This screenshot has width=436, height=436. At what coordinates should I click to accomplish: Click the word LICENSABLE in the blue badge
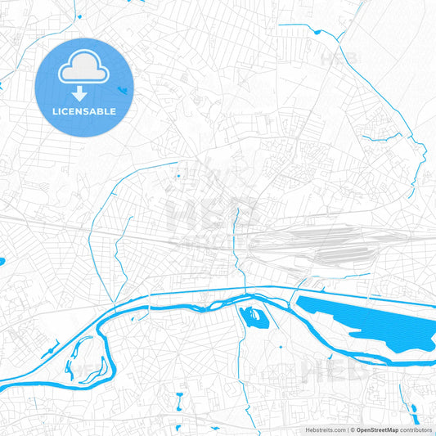[x=85, y=111]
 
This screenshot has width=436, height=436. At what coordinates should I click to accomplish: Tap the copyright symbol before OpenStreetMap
[x=352, y=429]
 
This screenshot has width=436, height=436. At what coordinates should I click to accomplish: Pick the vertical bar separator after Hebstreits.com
[x=347, y=429]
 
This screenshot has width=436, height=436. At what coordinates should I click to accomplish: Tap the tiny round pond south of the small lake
[x=281, y=347]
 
